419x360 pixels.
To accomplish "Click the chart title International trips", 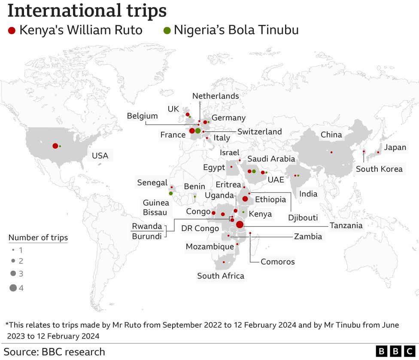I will pos(87,11).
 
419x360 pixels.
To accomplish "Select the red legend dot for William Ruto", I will pos(12,31).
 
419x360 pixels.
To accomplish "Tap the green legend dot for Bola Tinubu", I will pos(167,31).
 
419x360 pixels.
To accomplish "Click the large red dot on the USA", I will pos(55,146).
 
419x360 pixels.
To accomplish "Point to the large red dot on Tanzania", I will pos(240,224).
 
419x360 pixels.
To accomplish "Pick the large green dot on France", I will pos(198,131).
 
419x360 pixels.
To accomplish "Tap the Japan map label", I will pos(395,148).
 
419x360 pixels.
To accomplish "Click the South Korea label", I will pos(379,169).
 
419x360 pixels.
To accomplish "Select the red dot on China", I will pos(331,152).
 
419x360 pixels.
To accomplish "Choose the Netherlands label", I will pos(216,96).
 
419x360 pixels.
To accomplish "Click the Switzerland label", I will pos(259,131).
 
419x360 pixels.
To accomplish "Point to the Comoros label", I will pos(278,262).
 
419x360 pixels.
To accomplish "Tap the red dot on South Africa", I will pos(224,262).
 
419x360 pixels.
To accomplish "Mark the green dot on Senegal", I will pos(171,193).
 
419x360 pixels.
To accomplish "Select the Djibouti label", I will pos(303,218).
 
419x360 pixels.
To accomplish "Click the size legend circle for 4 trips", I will pos(13,288).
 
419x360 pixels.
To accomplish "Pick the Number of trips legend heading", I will pos(38,238).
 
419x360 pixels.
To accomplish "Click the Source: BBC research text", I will pos(54,352).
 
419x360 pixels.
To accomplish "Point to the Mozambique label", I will pos(209,247).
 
